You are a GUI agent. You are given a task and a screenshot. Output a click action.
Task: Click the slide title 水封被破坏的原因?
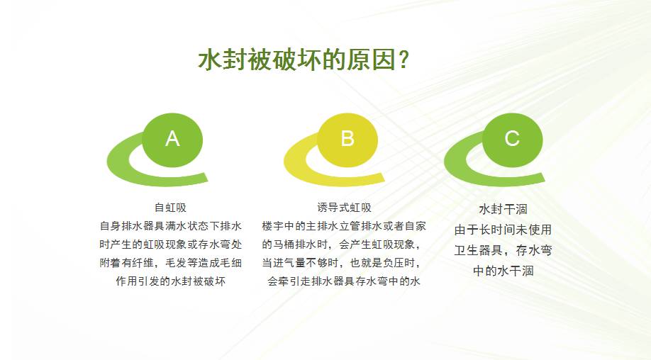click(x=304, y=60)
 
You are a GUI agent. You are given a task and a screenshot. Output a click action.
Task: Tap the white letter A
click(x=172, y=138)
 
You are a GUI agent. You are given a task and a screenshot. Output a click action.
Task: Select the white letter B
click(x=347, y=138)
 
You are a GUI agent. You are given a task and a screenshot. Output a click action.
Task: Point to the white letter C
click(x=512, y=138)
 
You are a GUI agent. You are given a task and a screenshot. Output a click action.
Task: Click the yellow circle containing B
click(x=347, y=140)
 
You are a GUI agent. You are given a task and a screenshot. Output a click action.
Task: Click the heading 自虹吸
click(x=171, y=208)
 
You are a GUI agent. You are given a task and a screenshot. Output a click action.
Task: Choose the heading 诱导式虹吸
click(x=344, y=208)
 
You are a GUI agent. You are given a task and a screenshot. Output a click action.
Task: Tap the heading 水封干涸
click(x=503, y=209)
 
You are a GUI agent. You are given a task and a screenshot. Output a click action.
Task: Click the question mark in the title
click(x=404, y=60)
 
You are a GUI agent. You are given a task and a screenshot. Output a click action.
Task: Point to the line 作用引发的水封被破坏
click(x=171, y=281)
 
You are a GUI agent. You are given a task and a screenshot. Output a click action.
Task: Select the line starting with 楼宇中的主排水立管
click(x=344, y=226)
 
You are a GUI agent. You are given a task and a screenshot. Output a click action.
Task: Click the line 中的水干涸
click(x=503, y=271)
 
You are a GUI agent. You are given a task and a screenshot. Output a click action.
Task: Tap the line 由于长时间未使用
click(x=503, y=230)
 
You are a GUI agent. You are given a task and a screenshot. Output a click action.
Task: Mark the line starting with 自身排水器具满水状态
click(x=171, y=226)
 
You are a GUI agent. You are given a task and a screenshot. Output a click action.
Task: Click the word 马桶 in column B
click(x=284, y=244)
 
